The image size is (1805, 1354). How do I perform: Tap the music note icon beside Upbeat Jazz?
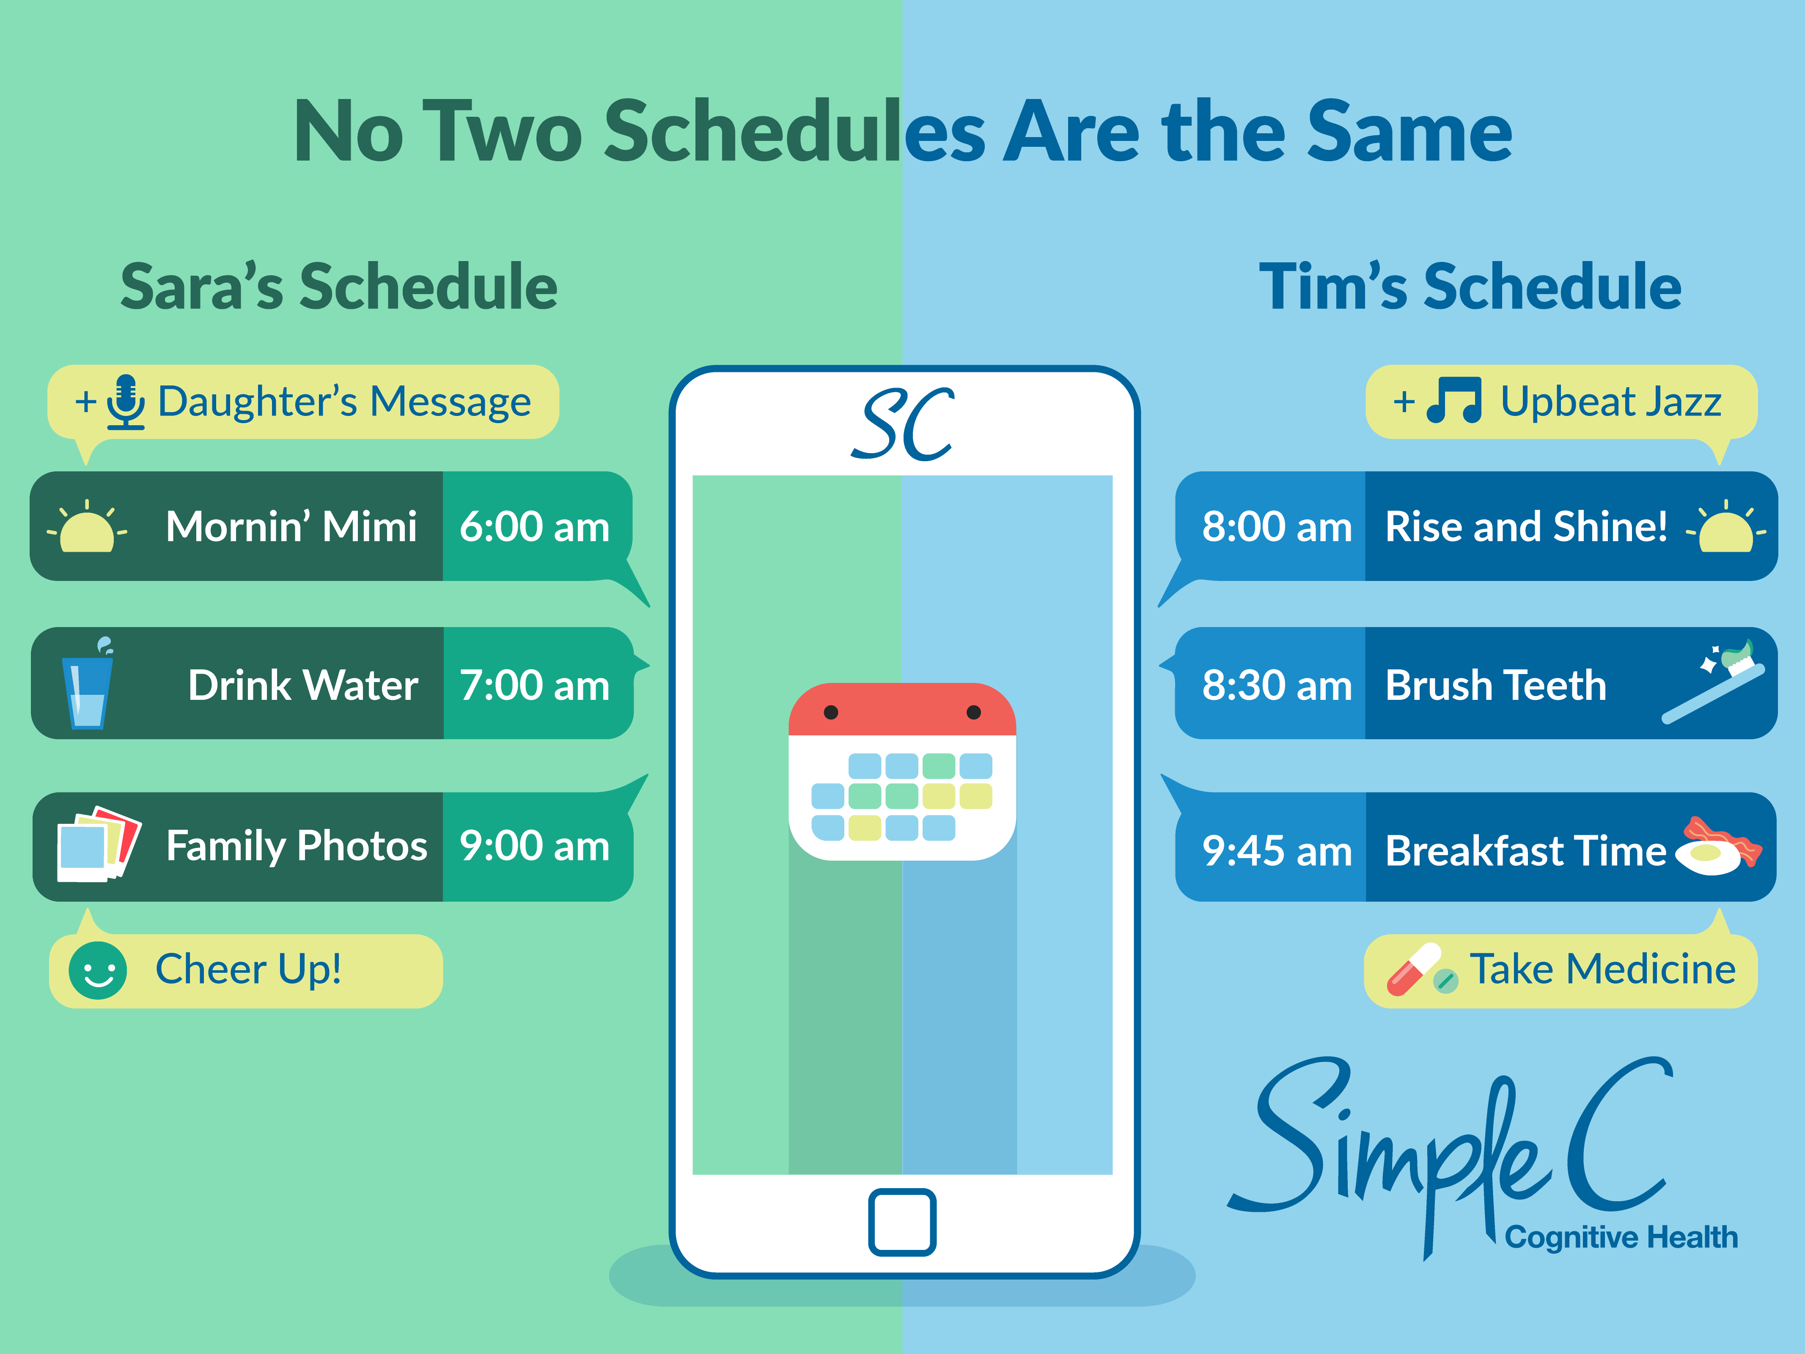click(x=1454, y=400)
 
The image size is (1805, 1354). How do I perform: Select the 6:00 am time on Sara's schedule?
click(x=535, y=526)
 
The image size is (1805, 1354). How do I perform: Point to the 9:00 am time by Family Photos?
click(x=535, y=845)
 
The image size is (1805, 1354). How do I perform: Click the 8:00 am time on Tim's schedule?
click(x=1277, y=526)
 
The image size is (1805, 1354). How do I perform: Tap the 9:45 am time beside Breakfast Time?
click(x=1277, y=850)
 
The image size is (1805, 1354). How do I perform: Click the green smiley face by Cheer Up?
click(x=98, y=970)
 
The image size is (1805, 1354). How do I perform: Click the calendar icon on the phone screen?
click(x=902, y=771)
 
